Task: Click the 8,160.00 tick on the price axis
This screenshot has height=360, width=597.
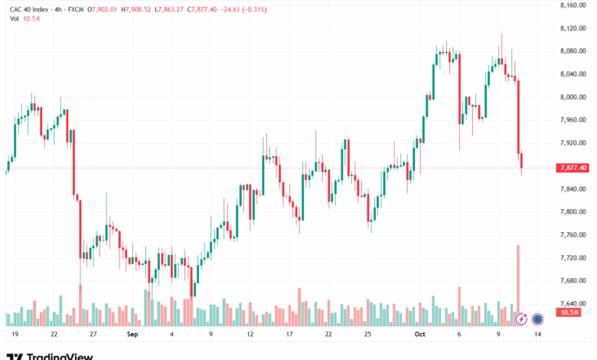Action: [x=573, y=5]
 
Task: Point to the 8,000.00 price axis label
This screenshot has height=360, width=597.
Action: [x=573, y=97]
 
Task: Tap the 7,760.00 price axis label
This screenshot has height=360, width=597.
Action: [x=573, y=235]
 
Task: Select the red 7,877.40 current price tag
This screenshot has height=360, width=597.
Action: [x=573, y=168]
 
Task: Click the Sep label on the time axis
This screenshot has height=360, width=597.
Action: [x=132, y=335]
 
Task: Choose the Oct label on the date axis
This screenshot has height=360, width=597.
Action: [x=420, y=335]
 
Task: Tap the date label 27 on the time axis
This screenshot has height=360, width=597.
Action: [x=93, y=335]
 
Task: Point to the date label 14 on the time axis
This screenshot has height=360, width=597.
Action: [x=539, y=335]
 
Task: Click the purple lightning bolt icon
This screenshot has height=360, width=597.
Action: [x=522, y=319]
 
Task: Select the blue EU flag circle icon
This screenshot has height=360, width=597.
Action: [x=537, y=319]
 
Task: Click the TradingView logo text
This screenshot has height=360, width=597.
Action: [x=60, y=355]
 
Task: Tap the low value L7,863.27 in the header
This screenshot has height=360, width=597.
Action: [x=173, y=9]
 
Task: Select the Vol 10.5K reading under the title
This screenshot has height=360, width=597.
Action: [x=24, y=19]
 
